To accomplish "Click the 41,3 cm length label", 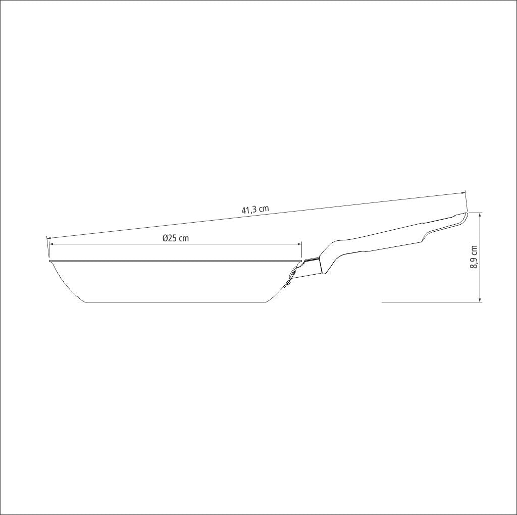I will [x=255, y=210].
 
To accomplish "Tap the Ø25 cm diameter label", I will [x=176, y=238].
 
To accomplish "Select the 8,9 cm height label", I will [x=474, y=257].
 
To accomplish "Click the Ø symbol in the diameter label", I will [x=166, y=238].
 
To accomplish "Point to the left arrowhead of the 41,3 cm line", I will [x=49, y=237].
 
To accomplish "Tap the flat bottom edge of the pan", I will [x=175, y=302].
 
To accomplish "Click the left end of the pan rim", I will [x=50, y=262].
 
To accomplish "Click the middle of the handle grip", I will [x=384, y=240].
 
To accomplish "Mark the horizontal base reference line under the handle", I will [x=429, y=302].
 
